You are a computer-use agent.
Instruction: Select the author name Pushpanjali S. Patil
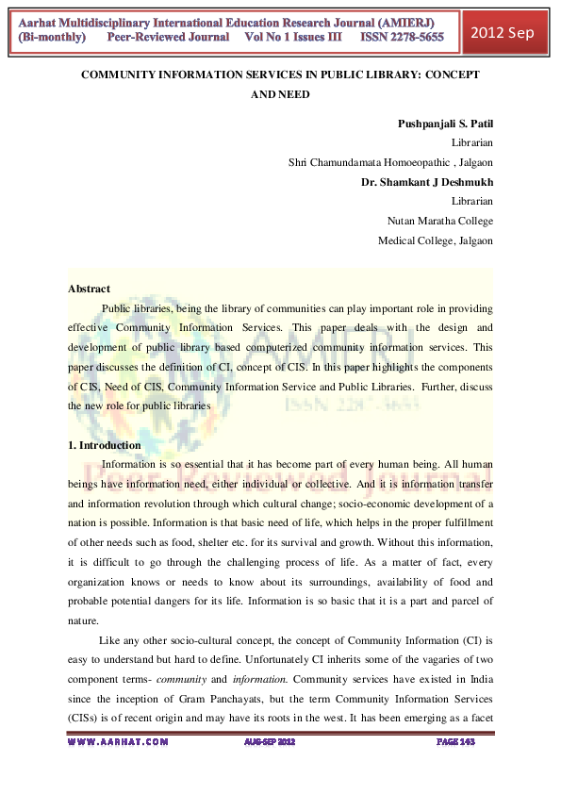click(440, 124)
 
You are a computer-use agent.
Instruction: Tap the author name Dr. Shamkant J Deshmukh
click(427, 182)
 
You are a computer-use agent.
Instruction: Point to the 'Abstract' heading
click(89, 289)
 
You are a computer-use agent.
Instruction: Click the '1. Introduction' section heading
click(105, 445)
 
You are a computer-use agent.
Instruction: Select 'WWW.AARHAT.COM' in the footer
click(119, 742)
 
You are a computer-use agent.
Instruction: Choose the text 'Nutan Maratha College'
click(440, 221)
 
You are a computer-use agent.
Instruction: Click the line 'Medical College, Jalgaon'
click(436, 240)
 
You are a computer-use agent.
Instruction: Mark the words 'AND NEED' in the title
click(280, 94)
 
